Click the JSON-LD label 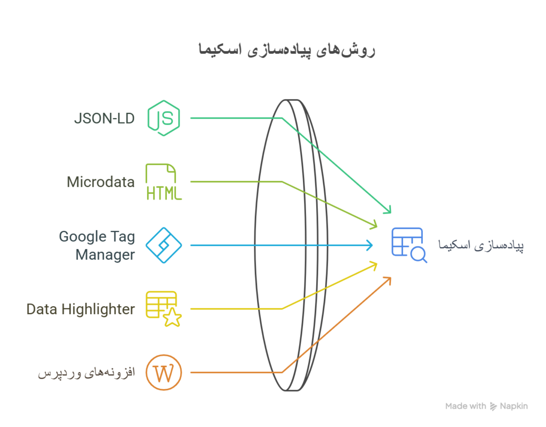tap(104, 119)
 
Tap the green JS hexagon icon tap(164, 118)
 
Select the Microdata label tap(101, 182)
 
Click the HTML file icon tap(164, 182)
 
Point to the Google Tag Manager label tap(97, 245)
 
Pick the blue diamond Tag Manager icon tap(164, 245)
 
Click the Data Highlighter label tap(81, 309)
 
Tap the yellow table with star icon tap(164, 309)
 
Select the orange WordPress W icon tap(164, 372)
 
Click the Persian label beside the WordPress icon tap(86, 373)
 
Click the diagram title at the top tap(286, 50)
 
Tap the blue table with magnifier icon tap(409, 245)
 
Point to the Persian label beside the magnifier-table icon tap(481, 245)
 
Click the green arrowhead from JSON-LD tap(388, 210)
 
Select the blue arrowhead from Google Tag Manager tap(370, 245)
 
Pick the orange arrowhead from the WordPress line tap(388, 281)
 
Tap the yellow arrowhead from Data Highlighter tap(374, 266)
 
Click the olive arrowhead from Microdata tap(374, 224)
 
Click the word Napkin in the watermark tap(513, 406)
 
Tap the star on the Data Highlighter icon tap(172, 317)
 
